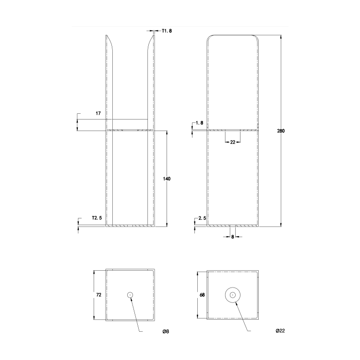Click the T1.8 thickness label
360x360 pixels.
(167, 31)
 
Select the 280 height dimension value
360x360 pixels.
(281, 131)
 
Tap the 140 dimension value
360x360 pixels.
(167, 179)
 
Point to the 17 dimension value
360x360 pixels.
(98, 113)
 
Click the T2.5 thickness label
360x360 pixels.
(97, 218)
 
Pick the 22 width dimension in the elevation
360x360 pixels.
(233, 142)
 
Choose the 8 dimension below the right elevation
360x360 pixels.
(233, 236)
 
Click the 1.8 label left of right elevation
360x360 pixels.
(200, 123)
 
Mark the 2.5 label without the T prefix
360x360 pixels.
(202, 218)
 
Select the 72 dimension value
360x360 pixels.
(98, 295)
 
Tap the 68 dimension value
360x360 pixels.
(202, 295)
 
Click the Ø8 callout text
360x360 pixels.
(165, 332)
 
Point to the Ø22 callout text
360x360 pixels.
(280, 332)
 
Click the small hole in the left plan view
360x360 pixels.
(130, 295)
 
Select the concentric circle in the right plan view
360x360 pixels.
(233, 295)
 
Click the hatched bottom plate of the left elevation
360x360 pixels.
(130, 225)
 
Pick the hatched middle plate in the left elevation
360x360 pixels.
(130, 130)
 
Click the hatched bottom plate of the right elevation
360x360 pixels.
(233, 225)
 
